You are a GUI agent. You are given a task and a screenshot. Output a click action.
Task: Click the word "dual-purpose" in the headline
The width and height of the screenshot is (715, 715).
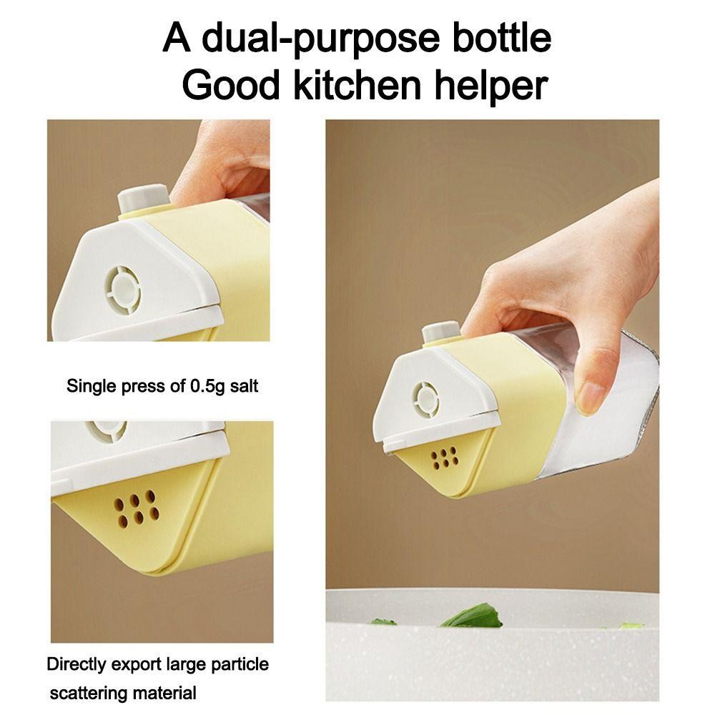320,39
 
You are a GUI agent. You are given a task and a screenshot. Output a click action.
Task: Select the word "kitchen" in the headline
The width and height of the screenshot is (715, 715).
357,85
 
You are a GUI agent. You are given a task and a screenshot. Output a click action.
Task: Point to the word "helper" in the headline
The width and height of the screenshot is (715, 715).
490,87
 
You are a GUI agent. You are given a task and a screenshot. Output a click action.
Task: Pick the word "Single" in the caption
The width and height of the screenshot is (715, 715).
92,387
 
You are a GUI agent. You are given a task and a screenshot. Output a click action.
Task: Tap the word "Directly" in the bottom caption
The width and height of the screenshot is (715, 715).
76,665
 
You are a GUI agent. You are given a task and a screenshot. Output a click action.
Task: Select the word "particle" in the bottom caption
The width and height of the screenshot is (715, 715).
239,664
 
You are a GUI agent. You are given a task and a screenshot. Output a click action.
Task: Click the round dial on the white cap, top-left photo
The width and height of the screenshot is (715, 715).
123,289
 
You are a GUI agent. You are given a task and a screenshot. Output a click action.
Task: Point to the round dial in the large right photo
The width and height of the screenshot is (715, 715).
426,400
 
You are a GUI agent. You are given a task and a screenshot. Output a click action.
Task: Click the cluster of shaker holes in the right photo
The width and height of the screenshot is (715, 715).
445,458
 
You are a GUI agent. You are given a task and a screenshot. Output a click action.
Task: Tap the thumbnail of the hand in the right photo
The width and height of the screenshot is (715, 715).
591,398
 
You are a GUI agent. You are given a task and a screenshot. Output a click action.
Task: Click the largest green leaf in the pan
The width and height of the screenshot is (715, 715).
472,616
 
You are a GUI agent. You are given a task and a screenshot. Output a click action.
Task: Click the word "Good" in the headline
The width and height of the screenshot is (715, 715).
231,85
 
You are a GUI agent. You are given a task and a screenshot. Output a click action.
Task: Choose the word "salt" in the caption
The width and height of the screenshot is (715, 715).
244,386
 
